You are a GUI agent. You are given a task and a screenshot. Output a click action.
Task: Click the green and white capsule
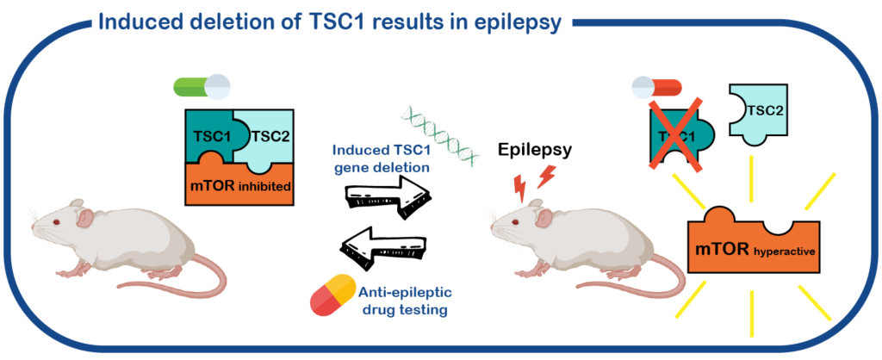pos(202,86)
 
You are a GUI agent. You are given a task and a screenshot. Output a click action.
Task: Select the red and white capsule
pos(656,86)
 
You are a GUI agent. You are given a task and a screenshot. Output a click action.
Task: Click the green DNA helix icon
pos(434,133)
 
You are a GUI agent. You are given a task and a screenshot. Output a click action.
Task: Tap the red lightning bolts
pos(534,182)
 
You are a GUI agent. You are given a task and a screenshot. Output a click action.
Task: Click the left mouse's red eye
pos(55,222)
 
